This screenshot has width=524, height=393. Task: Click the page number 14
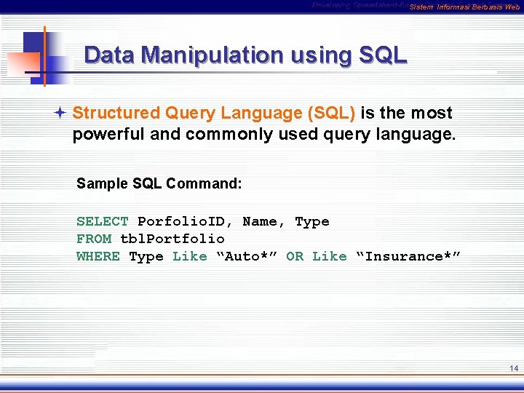[x=514, y=369]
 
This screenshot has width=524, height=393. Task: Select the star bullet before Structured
[x=63, y=114]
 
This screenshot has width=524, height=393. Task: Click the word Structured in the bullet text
[x=116, y=114]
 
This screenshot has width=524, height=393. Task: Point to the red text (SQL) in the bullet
[x=332, y=114]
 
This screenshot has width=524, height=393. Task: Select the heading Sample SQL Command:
[x=159, y=183]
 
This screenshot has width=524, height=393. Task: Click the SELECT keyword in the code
[x=103, y=221]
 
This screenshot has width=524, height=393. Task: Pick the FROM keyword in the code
[x=94, y=239]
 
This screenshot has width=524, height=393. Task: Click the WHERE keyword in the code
[x=98, y=256]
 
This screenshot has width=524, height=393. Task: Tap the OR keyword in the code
[x=295, y=256]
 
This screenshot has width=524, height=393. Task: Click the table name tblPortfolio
[x=172, y=239]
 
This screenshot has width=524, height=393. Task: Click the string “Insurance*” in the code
[x=408, y=256]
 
